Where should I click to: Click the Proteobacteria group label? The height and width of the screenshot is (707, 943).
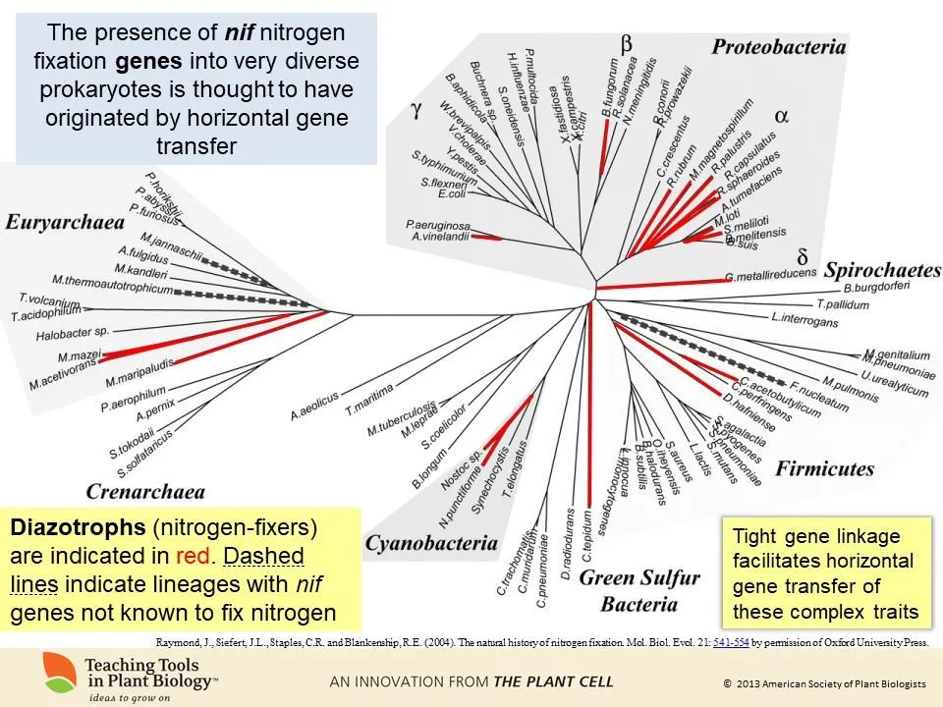coord(778,46)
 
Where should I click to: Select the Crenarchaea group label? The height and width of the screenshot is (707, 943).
coord(145,491)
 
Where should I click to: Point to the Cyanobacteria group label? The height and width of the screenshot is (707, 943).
coord(431,542)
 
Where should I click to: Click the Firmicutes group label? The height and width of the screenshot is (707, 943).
coord(824,467)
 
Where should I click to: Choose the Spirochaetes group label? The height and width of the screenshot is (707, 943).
coord(883,269)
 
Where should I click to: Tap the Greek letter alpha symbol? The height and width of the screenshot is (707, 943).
coord(782,115)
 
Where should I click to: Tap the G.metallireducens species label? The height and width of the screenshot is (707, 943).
coord(771,278)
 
